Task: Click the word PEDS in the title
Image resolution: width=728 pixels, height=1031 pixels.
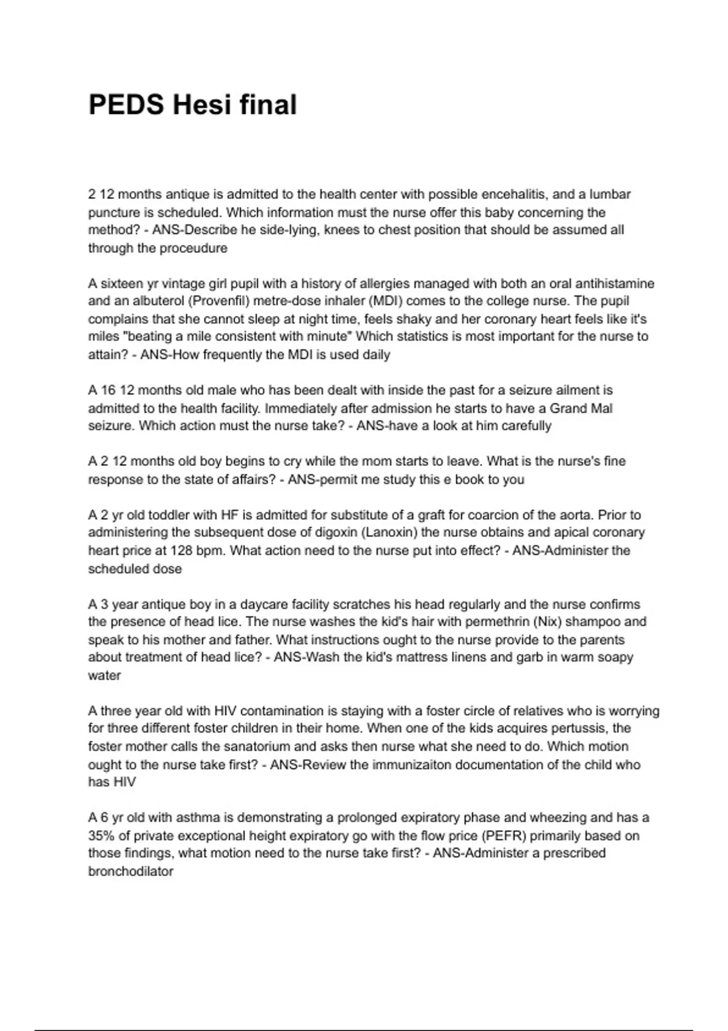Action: (x=126, y=105)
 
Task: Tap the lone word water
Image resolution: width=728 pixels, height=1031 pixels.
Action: (x=104, y=676)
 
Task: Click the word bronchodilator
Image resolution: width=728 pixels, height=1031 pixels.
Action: (x=131, y=871)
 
